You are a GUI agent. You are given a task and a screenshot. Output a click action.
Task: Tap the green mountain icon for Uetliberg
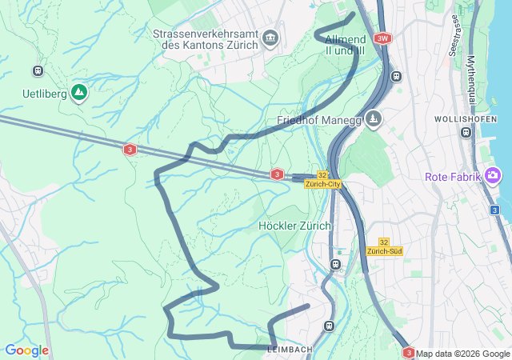(x=78, y=93)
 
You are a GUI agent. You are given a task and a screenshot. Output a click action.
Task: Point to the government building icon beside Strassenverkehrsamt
(x=270, y=38)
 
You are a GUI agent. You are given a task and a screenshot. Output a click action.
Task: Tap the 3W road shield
(x=383, y=38)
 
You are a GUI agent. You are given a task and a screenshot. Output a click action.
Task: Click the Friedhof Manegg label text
(x=317, y=120)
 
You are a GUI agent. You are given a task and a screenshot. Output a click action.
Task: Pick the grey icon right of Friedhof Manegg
(x=374, y=119)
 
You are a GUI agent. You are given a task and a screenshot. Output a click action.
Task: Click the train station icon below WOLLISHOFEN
(x=466, y=133)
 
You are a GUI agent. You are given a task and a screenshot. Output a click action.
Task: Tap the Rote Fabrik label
(x=452, y=176)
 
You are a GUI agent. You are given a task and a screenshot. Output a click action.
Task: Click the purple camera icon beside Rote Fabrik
(x=493, y=175)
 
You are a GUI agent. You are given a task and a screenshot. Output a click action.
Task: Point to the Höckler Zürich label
(x=294, y=226)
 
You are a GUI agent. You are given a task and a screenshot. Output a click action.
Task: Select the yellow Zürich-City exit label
(x=324, y=184)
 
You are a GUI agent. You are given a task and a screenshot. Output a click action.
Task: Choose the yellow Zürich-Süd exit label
(x=384, y=251)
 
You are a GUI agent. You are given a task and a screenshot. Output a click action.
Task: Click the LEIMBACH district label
(x=290, y=349)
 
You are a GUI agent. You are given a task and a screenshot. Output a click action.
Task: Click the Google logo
(x=26, y=350)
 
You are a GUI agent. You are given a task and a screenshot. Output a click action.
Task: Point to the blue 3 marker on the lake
(x=495, y=210)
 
